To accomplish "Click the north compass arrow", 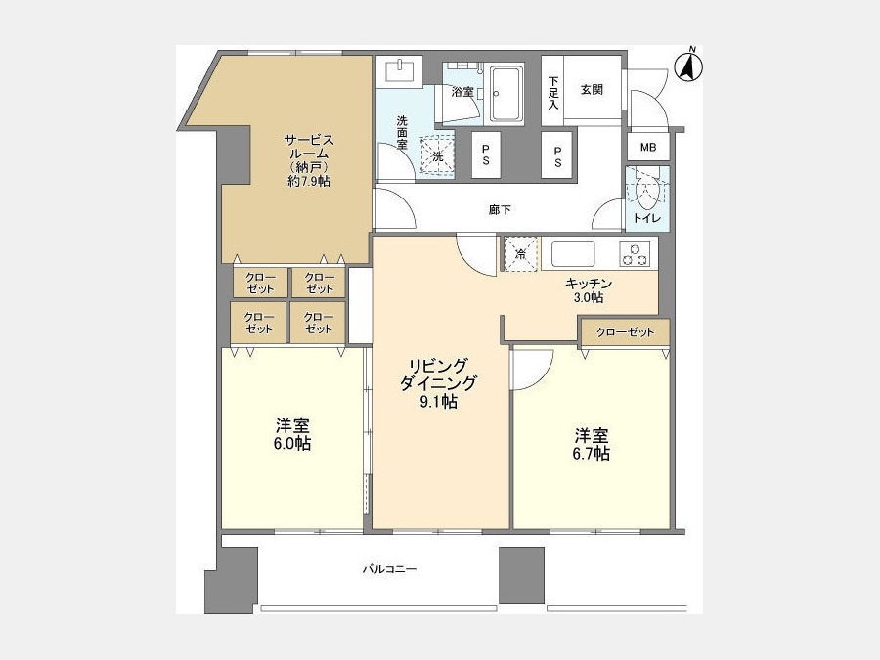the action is coord(689,67).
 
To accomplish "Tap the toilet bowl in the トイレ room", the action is coord(645,192).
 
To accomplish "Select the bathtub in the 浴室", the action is coord(506,94).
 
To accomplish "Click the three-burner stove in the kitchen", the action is coord(635,253).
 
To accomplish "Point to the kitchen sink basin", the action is coord(573,253).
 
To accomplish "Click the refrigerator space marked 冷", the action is coord(521,253).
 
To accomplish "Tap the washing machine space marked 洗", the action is coord(437,156).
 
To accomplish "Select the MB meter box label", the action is coord(648,147).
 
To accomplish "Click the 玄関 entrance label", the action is coord(592,89).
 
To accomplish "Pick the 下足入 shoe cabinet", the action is coord(552,91).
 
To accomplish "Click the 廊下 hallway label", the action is coord(500,210).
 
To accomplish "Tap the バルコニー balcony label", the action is coord(389,569).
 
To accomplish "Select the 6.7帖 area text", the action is coord(591,454).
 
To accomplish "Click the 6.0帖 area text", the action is coord(291,443).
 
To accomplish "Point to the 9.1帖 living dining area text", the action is coord(438,401).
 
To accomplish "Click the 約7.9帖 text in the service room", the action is coord(309,181).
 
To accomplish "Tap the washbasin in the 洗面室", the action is coord(400,72).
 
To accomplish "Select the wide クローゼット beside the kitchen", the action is coord(625,332).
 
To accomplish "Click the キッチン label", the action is coord(589,284).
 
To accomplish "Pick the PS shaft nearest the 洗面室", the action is coord(485,154).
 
